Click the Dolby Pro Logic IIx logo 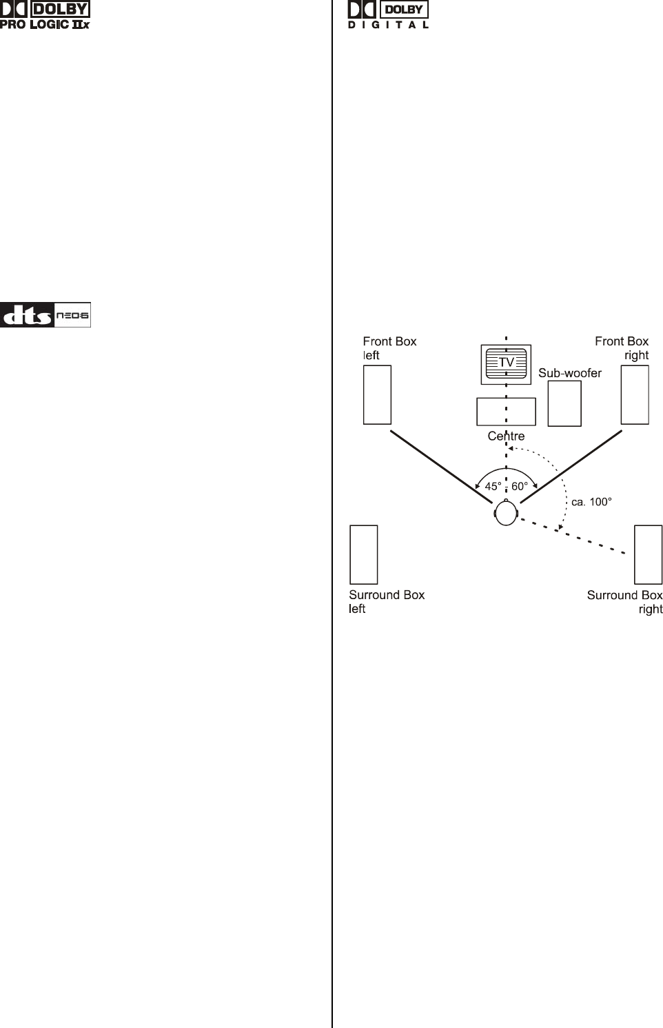click(45, 15)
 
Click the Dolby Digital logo click(388, 15)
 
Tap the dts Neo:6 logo click(45, 315)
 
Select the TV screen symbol click(506, 363)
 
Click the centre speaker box click(506, 412)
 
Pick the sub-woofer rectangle click(564, 403)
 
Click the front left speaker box click(377, 394)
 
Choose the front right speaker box click(635, 394)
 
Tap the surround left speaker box click(364, 554)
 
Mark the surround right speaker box click(649, 554)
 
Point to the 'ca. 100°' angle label click(591, 502)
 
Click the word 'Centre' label click(506, 436)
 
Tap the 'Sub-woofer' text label click(570, 373)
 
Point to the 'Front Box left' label click(389, 348)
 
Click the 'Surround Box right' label click(625, 602)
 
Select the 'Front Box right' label click(622, 348)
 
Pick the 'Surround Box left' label click(387, 602)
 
